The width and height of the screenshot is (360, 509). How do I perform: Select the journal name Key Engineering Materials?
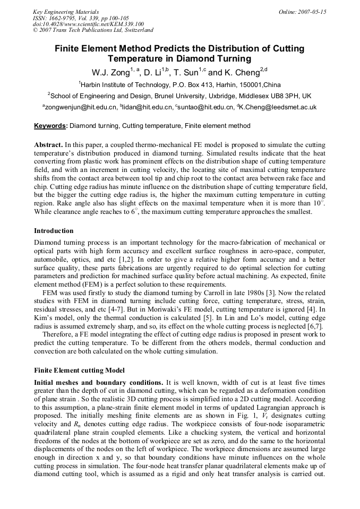(66, 12)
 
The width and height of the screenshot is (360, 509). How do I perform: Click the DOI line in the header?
(88, 24)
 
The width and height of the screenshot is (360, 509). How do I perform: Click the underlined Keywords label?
(51, 126)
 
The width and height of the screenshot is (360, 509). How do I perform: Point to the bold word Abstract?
(48, 145)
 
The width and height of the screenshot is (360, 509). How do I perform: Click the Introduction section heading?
(54, 231)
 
